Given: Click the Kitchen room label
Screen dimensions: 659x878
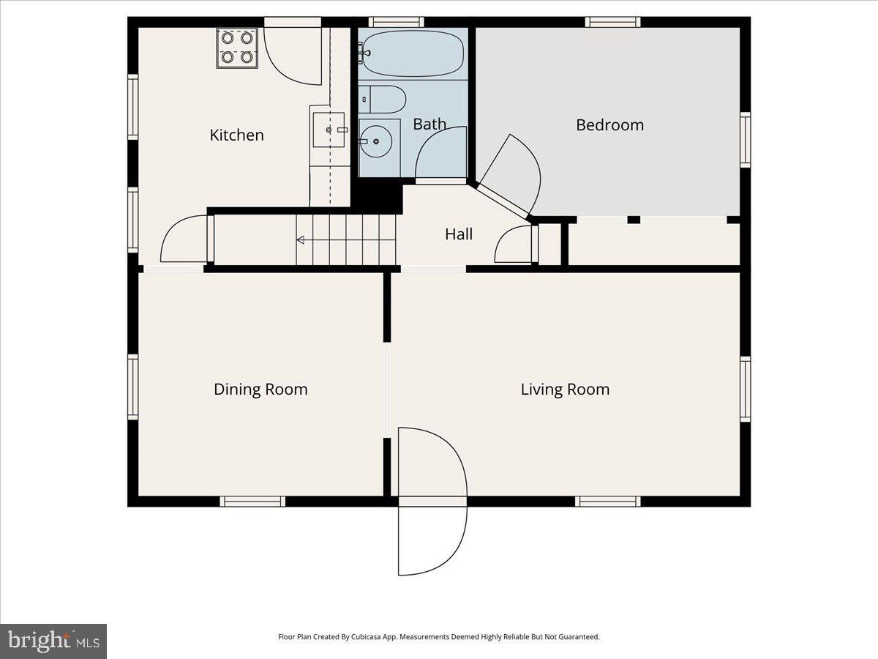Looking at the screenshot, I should pyautogui.click(x=236, y=135).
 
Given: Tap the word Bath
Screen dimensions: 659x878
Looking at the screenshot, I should pyautogui.click(x=429, y=124).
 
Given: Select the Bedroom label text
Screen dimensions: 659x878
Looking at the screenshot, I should pyautogui.click(x=609, y=124).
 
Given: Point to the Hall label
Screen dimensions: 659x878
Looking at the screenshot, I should pyautogui.click(x=459, y=234).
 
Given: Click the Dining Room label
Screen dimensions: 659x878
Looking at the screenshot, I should pyautogui.click(x=260, y=389).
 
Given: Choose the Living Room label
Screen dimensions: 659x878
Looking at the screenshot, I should pyautogui.click(x=565, y=389).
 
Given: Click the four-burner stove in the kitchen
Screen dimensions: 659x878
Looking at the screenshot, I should pyautogui.click(x=237, y=48).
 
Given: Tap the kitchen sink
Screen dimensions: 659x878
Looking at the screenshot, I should pyautogui.click(x=329, y=130).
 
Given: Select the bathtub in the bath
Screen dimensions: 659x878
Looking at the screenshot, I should pyautogui.click(x=413, y=53).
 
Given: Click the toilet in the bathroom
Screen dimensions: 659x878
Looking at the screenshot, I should pyautogui.click(x=382, y=99).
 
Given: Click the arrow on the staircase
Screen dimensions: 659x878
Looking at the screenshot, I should pyautogui.click(x=301, y=239).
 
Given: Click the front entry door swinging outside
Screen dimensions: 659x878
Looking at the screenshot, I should pyautogui.click(x=432, y=538).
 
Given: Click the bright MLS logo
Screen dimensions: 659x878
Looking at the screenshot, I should pyautogui.click(x=53, y=641).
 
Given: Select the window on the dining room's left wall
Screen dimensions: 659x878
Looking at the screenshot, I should pyautogui.click(x=133, y=387).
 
